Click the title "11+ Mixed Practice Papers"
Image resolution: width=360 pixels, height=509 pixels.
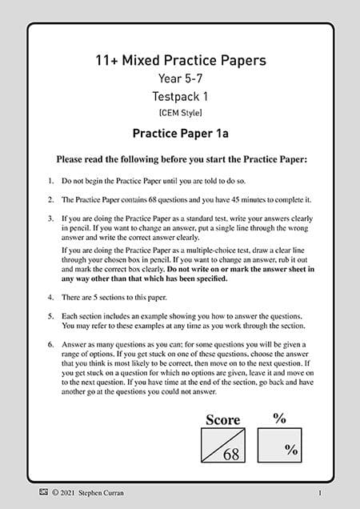[x=180, y=60]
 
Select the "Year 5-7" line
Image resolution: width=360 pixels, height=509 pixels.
[x=180, y=78]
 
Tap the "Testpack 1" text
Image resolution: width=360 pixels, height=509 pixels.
[x=180, y=95]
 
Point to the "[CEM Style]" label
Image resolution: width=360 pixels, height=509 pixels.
[x=180, y=111]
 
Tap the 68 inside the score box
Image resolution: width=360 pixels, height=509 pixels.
[x=231, y=455]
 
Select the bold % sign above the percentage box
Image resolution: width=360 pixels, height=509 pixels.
[x=279, y=418]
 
